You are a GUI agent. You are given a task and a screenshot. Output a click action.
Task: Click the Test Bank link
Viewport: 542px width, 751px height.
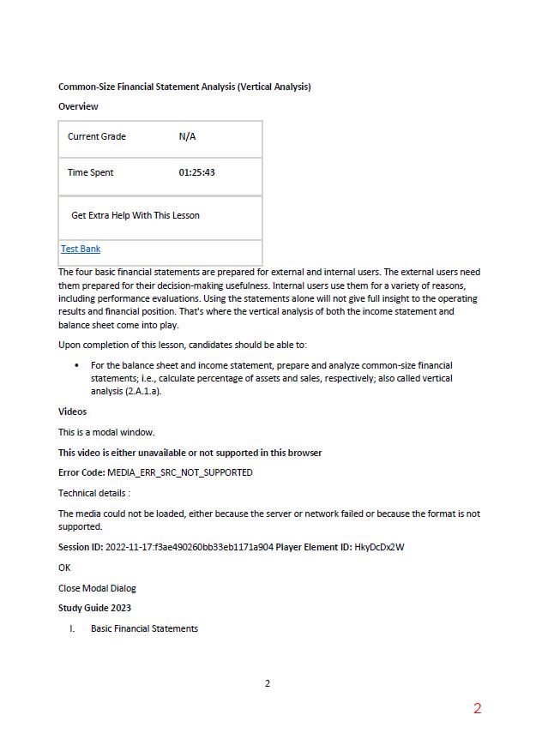[81, 249]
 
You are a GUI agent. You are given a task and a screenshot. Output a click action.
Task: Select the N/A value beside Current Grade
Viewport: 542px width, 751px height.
[187, 136]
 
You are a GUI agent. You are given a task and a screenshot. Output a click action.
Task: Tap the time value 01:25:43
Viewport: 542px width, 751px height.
[196, 172]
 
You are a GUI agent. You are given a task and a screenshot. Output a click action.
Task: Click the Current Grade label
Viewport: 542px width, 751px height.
[97, 136]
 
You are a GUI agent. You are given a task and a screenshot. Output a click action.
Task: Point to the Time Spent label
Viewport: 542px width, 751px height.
[91, 172]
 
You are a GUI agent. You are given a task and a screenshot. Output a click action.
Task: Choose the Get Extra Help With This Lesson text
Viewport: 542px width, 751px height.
[135, 215]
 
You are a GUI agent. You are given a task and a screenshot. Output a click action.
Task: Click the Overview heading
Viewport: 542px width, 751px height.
[78, 106]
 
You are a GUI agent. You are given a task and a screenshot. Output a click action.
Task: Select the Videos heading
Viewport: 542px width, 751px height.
[72, 412]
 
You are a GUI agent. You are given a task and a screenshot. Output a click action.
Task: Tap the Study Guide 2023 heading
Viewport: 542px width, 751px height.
[94, 608]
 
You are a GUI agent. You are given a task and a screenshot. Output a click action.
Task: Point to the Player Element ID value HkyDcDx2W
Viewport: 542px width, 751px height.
[379, 547]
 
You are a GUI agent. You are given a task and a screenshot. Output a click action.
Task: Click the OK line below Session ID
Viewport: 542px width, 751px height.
[64, 568]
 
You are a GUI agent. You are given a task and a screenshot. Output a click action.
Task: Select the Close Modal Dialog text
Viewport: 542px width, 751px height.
[97, 588]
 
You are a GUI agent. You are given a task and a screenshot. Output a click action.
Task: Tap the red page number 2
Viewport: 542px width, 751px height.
[478, 708]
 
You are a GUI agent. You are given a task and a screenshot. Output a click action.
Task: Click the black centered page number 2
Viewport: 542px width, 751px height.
[268, 683]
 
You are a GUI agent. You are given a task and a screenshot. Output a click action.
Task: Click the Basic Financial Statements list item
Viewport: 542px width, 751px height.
[144, 628]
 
